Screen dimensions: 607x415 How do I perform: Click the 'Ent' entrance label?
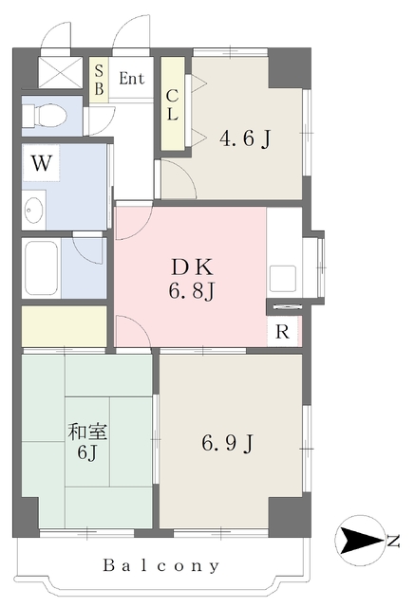coord(131,79)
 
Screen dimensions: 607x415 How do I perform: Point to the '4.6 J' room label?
coord(246,138)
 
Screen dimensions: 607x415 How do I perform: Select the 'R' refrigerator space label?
coord(282,333)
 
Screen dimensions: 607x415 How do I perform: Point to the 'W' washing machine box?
coord(40,162)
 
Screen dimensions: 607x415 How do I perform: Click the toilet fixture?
coord(47,116)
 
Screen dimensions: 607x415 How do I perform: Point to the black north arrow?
coord(358,542)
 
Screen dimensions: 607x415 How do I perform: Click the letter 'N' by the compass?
coord(392,542)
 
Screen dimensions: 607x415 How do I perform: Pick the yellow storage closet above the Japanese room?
coord(64,324)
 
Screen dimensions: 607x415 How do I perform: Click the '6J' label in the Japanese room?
coord(86,453)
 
